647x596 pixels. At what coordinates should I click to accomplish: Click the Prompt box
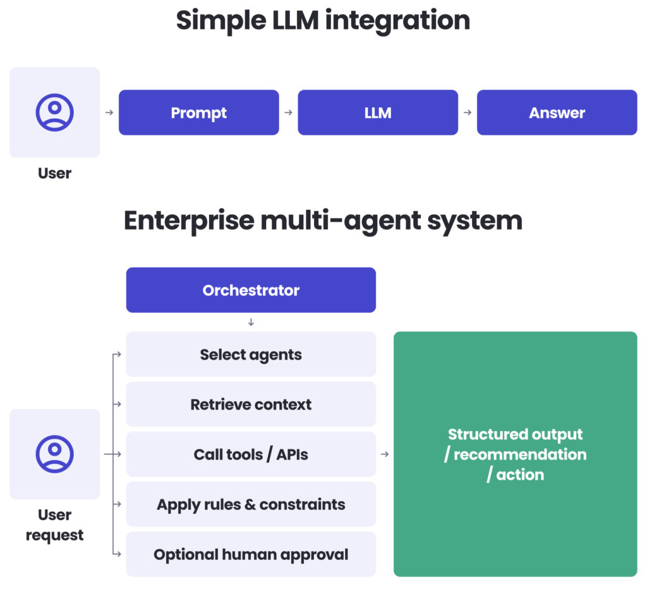(198, 113)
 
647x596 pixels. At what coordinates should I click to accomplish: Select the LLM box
(377, 113)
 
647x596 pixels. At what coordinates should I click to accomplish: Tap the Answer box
(556, 113)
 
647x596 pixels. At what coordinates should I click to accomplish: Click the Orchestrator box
(251, 290)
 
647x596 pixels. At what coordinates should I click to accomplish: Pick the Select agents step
(251, 355)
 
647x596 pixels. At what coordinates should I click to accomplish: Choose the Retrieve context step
(251, 404)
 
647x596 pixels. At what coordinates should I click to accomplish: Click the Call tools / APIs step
(251, 454)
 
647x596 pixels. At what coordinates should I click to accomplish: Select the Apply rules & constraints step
(251, 504)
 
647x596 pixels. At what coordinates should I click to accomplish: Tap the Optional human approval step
(251, 554)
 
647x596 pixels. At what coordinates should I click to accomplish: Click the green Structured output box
(515, 454)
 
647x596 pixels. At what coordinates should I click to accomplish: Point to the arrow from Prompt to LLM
(288, 113)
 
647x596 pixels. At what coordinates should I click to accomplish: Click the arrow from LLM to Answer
(468, 113)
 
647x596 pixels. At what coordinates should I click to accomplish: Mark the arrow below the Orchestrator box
(251, 322)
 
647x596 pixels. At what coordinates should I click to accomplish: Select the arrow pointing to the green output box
(385, 454)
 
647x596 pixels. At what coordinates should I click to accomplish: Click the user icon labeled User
(54, 113)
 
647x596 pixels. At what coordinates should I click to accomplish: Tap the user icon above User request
(54, 454)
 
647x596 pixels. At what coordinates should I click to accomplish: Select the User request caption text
(54, 525)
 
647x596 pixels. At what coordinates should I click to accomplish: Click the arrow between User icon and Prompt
(109, 113)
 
